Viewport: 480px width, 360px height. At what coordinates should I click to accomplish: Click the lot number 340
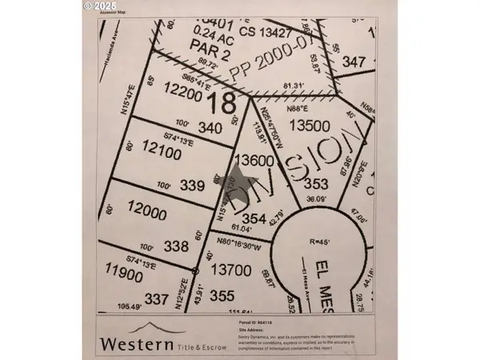click(210, 126)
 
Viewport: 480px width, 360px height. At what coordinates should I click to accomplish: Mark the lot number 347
click(354, 61)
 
